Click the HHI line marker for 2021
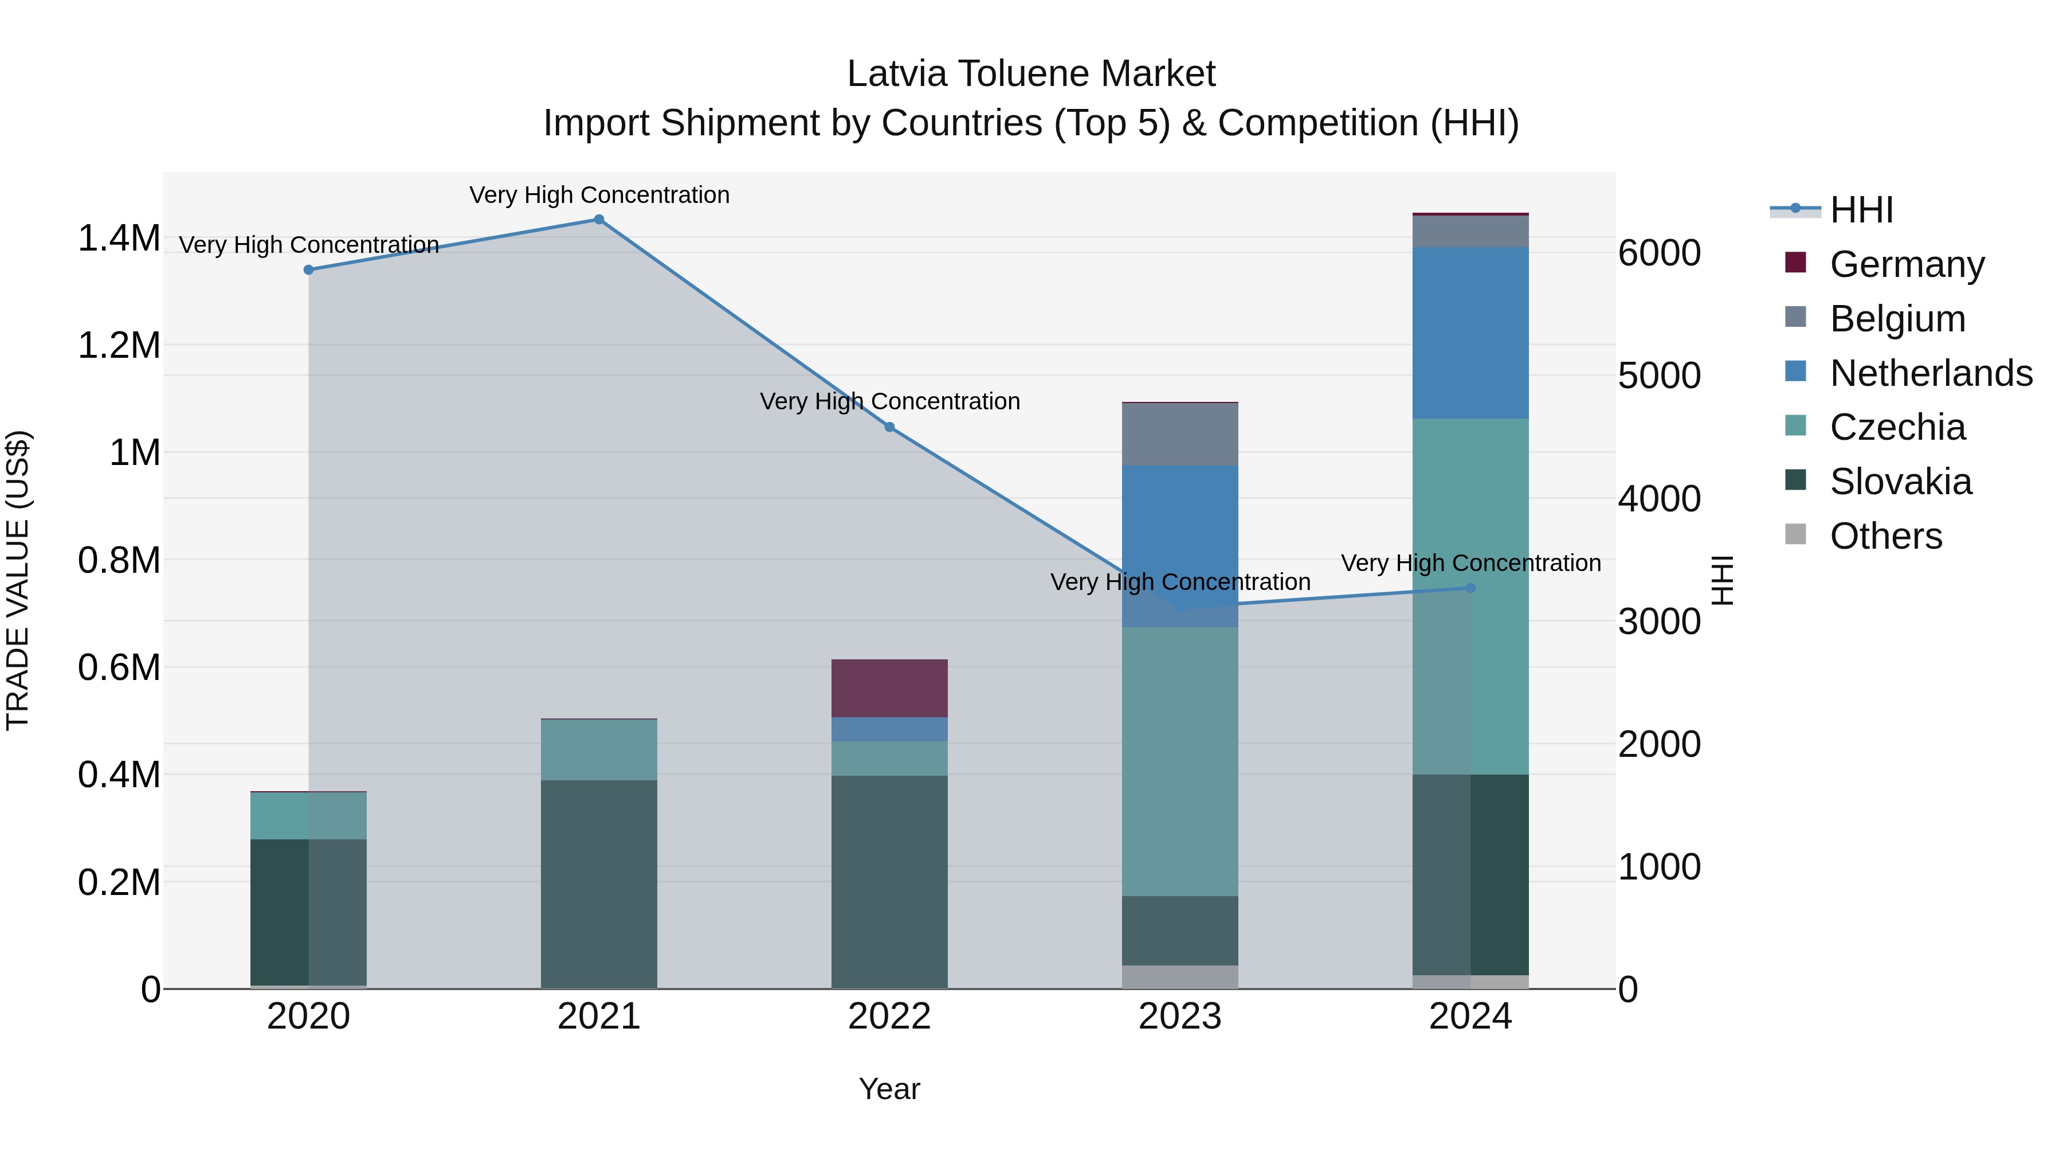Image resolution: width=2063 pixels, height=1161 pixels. pos(598,220)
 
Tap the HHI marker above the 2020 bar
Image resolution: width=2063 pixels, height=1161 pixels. pos(308,270)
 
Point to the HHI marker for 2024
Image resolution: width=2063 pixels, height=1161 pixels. pos(1470,588)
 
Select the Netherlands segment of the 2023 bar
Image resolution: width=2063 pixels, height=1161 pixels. pos(1180,545)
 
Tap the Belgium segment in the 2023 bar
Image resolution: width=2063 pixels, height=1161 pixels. pos(1180,434)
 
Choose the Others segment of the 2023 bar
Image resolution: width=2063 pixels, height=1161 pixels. pos(1180,977)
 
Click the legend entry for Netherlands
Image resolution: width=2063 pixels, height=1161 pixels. pos(1931,373)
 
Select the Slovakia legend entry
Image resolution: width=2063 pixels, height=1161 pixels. pos(1900,482)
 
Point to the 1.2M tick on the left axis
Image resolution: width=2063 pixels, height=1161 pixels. pos(119,345)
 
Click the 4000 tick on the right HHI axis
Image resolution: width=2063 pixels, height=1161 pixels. pos(1658,498)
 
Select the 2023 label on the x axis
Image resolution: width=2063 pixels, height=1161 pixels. pos(1180,1017)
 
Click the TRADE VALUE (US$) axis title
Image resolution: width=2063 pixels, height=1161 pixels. pos(18,580)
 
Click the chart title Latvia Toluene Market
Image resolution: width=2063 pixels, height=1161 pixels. pos(1031,74)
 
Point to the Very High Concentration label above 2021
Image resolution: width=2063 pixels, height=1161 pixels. pos(599,195)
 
